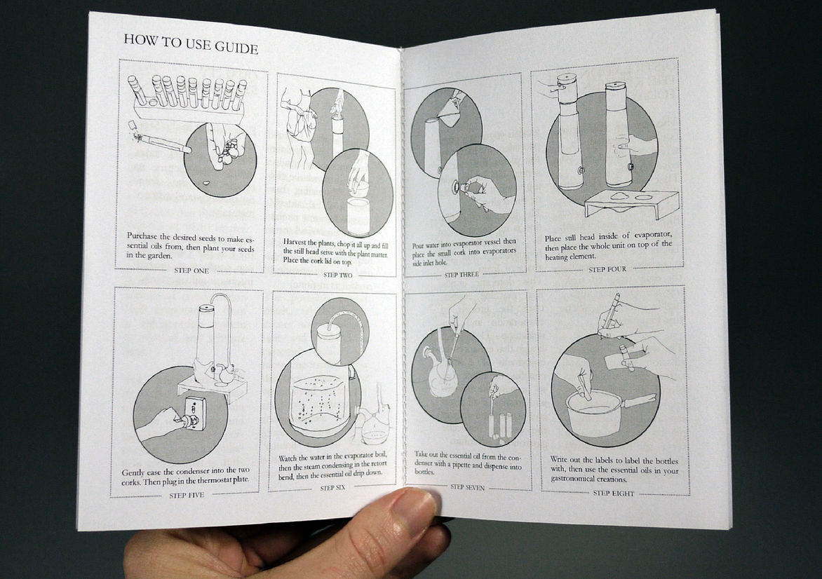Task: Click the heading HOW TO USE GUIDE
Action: (x=191, y=43)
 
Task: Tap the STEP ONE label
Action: (x=191, y=271)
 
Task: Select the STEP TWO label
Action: (x=338, y=274)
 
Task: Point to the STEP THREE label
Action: (x=461, y=275)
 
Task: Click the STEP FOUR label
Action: (x=607, y=269)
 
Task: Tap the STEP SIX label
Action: (x=338, y=488)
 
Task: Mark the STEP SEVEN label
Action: (x=468, y=486)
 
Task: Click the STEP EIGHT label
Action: (x=613, y=493)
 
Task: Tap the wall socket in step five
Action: (x=194, y=413)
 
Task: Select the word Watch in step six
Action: (x=291, y=458)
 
